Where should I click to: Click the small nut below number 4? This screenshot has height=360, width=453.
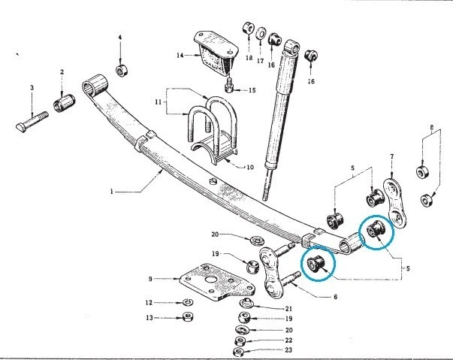[x=120, y=71]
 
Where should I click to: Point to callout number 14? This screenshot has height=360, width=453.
[x=180, y=56]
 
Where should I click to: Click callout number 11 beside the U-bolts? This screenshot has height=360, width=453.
[x=159, y=101]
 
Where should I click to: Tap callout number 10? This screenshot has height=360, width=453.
[x=251, y=166]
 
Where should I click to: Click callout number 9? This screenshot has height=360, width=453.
[x=151, y=279]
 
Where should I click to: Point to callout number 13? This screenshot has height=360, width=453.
[x=149, y=318]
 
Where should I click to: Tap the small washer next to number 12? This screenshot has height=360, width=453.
[x=188, y=304]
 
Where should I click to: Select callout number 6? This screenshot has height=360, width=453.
[x=336, y=297]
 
